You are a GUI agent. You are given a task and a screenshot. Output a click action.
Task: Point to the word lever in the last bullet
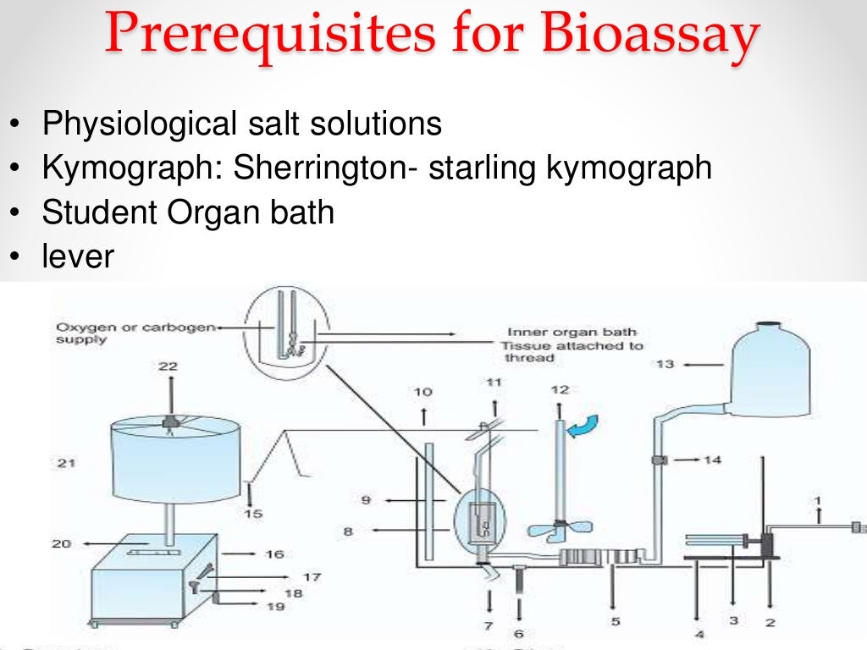point(77,256)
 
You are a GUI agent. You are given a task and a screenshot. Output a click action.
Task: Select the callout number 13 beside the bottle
point(666,364)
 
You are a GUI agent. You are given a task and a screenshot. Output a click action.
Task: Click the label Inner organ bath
point(572,333)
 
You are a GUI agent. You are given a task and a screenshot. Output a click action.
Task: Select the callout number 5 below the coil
point(616,622)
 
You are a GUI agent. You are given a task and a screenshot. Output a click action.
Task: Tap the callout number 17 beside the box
point(312,577)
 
